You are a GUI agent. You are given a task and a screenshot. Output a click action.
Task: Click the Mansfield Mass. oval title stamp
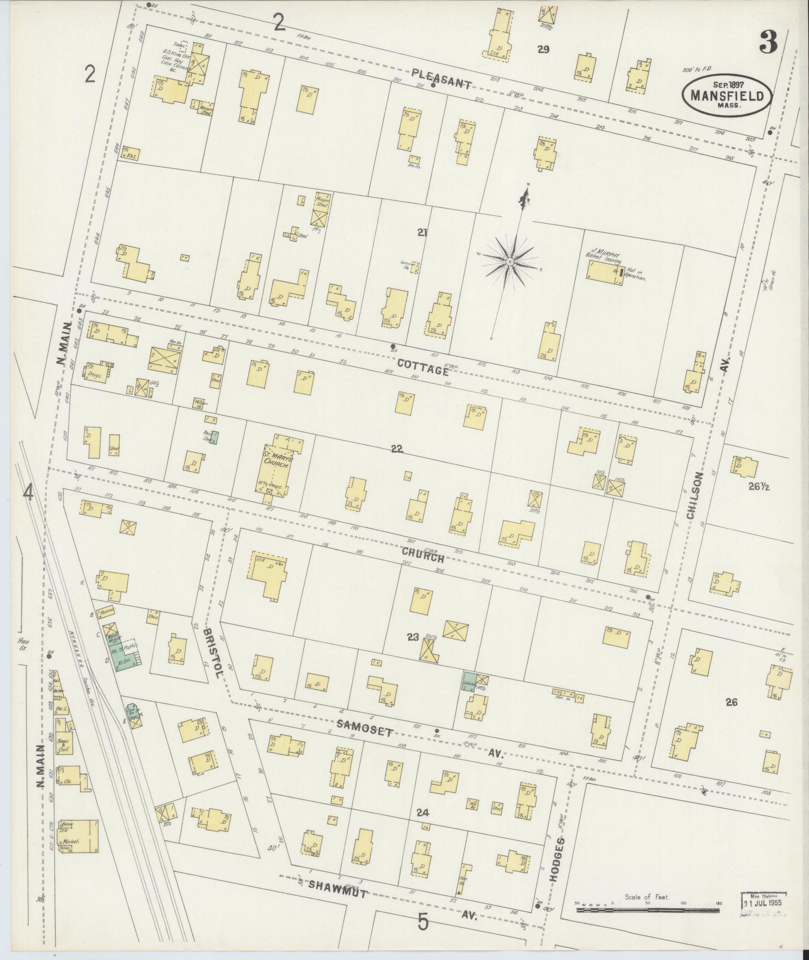point(726,95)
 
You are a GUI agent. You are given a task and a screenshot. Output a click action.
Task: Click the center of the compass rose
point(509,261)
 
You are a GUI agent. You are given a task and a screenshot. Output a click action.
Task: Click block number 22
point(397,449)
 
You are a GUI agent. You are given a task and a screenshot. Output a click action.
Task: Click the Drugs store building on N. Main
point(97,373)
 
